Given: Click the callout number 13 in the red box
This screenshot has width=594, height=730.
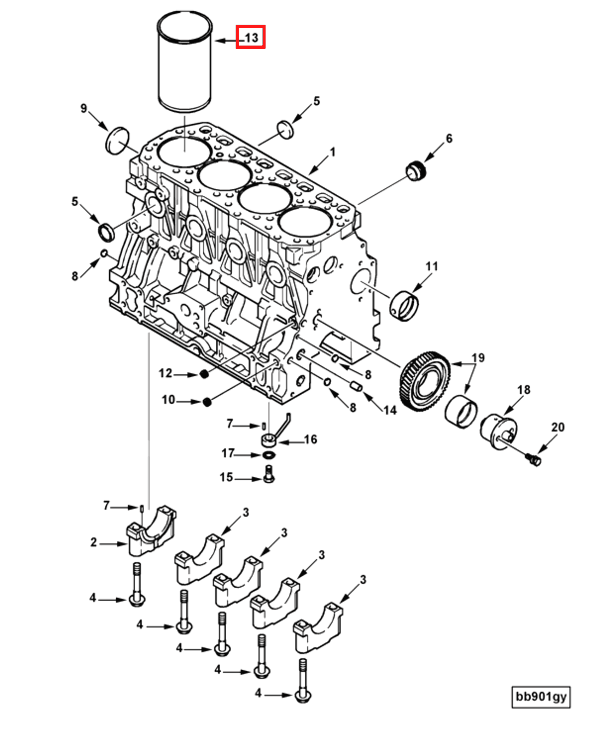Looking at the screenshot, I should [251, 37].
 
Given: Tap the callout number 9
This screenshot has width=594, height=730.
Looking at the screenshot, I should [83, 108].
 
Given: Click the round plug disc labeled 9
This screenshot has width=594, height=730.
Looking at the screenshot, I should [117, 141].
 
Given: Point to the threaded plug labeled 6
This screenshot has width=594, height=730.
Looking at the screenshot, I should [416, 171].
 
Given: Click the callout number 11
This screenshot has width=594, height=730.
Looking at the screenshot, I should [431, 266].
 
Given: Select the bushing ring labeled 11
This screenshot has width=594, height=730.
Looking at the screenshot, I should [404, 306].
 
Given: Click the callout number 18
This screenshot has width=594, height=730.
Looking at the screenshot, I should [524, 390].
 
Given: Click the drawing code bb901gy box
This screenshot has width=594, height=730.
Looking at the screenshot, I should [541, 696].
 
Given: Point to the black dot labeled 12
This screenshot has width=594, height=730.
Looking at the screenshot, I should [204, 374].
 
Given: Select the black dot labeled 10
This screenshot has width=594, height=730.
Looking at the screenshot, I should [207, 402].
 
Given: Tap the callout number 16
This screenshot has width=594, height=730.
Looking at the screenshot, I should [310, 439].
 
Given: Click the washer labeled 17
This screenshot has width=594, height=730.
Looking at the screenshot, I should [269, 454].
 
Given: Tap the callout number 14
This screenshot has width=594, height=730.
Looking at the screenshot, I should [390, 410].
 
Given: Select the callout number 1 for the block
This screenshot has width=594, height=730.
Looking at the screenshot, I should [332, 153].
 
